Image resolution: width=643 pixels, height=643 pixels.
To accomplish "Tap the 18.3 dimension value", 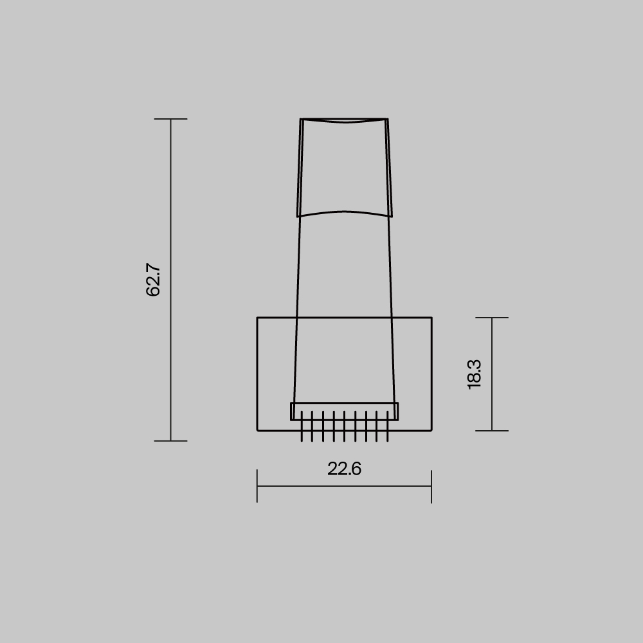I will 475,374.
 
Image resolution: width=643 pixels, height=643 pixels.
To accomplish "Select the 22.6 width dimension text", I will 344,469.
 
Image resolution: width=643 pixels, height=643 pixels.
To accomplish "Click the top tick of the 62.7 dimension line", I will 170,119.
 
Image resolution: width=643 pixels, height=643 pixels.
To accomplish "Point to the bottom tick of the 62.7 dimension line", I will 170,440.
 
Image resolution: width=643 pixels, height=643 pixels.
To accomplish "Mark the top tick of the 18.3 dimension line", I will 492,318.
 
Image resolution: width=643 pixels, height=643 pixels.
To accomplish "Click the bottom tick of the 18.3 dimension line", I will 492,431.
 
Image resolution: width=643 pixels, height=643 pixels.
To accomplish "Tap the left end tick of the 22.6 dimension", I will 257,486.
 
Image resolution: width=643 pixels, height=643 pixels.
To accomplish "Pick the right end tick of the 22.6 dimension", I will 431,486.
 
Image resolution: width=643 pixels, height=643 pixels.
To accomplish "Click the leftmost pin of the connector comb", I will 302,428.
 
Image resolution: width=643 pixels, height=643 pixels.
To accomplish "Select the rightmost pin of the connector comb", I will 387,428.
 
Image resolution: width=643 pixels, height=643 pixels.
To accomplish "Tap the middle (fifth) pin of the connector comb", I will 344,428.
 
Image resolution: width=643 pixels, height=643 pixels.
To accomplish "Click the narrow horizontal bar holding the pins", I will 344,407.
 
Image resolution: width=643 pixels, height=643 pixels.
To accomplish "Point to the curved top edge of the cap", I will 344,121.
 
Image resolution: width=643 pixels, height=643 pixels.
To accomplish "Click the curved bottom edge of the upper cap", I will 344,212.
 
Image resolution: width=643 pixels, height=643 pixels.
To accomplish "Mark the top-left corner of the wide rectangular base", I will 257,318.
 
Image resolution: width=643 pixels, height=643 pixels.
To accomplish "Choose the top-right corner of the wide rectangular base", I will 431,318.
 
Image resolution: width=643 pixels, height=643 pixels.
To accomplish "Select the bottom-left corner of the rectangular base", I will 257,430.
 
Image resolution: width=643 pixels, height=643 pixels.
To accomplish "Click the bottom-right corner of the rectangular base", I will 431,430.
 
